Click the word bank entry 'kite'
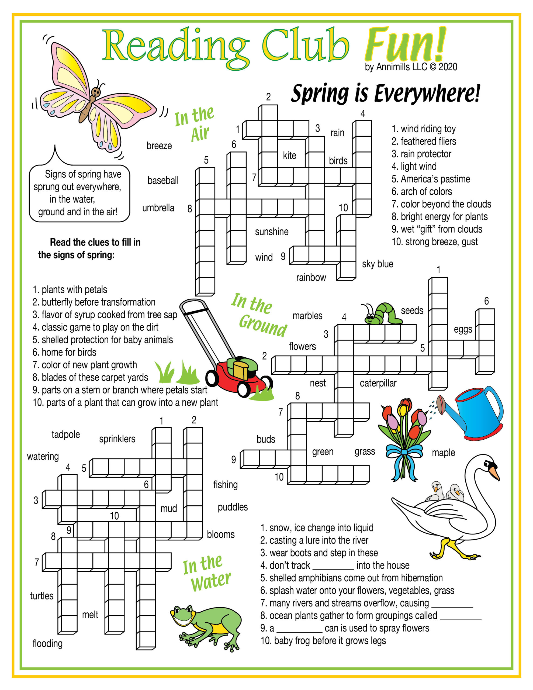(x=289, y=156)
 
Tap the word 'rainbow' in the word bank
(x=311, y=277)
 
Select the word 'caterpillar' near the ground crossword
(x=378, y=383)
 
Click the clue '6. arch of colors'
(x=421, y=191)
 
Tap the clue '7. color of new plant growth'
(x=85, y=365)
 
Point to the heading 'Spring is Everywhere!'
(x=385, y=94)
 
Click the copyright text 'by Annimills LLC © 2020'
(x=411, y=67)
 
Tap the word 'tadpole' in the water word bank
(x=65, y=435)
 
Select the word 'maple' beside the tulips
(x=443, y=453)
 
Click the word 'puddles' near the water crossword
(x=233, y=507)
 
